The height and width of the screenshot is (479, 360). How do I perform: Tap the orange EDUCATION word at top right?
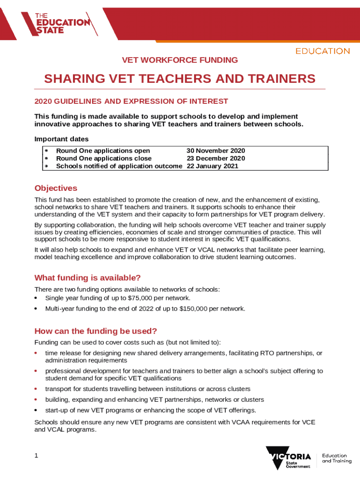322,51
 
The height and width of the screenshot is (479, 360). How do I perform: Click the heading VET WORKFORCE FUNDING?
180,60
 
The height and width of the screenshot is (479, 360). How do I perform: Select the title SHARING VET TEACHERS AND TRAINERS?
180,79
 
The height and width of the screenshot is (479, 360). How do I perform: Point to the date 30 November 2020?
216,151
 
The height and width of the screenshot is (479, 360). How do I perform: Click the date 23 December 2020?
216,158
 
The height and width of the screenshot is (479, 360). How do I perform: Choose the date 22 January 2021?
212,166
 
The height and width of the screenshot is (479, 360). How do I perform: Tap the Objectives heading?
56,188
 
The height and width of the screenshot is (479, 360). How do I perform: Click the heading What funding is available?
87,278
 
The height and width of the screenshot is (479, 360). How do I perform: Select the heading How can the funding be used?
95,331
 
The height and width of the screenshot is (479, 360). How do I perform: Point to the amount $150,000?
193,309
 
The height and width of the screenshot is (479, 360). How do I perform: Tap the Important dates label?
61,139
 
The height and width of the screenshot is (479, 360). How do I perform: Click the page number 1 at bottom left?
36,456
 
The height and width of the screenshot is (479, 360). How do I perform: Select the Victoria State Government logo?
288,458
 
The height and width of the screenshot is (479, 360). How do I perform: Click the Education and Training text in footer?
337,458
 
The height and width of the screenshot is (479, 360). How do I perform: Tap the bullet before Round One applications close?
46,158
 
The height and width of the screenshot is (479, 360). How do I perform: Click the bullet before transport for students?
36,389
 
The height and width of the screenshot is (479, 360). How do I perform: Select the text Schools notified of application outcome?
119,166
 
